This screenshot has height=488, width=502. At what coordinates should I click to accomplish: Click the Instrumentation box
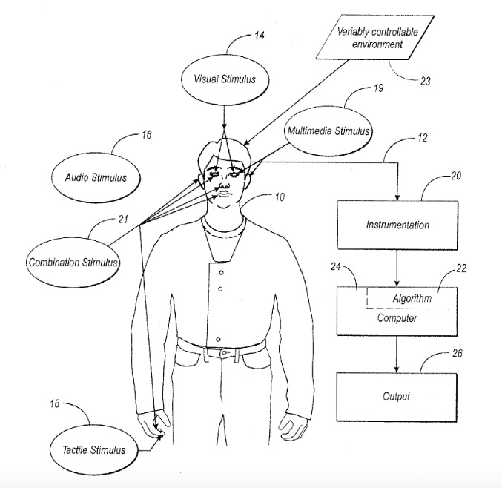point(397,223)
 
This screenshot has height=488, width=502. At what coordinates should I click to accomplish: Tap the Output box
point(397,396)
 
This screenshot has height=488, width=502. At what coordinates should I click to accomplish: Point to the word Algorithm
point(412,297)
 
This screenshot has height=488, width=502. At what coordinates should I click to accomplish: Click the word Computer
point(397,318)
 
